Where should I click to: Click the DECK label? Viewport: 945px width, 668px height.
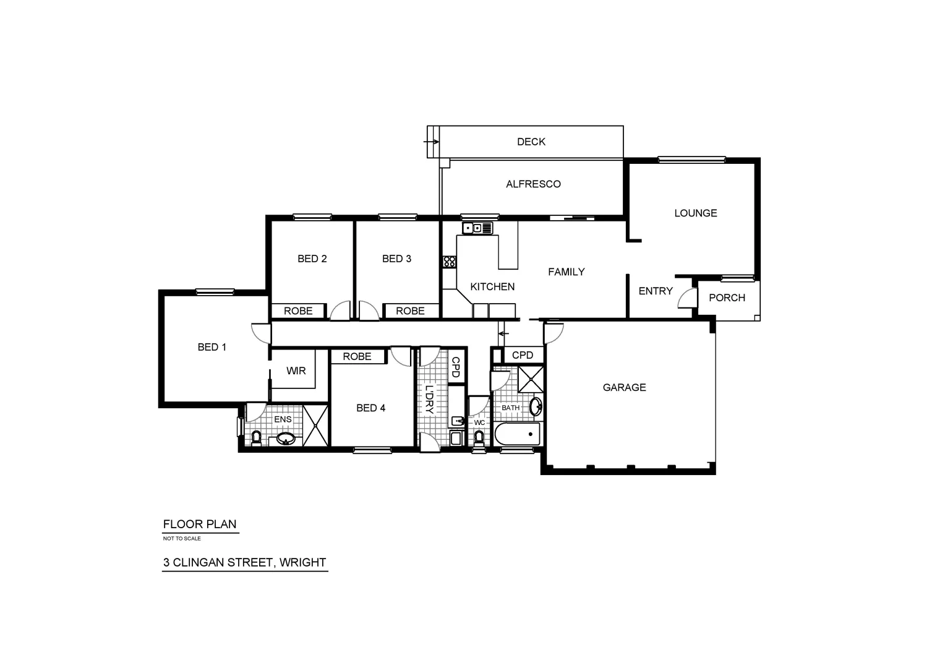[x=531, y=142]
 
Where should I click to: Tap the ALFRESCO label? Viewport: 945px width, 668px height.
[x=533, y=184]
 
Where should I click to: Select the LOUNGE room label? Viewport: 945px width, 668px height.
[x=695, y=213]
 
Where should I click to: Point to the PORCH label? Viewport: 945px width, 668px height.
[x=727, y=298]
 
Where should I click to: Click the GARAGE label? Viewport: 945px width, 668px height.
[x=624, y=387]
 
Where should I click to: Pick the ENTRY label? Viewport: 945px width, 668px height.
[x=655, y=291]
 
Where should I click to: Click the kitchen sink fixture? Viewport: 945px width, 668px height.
[x=477, y=228]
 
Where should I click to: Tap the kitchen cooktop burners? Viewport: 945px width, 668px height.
[x=449, y=261]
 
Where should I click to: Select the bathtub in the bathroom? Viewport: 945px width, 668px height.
[x=518, y=434]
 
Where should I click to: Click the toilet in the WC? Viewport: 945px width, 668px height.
[x=479, y=437]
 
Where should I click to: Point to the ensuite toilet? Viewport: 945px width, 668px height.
[x=257, y=438]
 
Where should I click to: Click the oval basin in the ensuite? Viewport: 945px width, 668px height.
[x=285, y=439]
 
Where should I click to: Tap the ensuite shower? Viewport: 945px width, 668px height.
[x=316, y=425]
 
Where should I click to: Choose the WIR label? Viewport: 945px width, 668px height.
[x=296, y=370]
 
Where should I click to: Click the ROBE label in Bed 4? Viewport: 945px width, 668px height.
[x=357, y=356]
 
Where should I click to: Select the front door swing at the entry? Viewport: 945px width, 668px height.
[x=686, y=299]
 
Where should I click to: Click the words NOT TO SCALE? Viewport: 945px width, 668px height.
[x=182, y=538]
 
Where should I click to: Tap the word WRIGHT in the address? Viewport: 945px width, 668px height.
[x=302, y=562]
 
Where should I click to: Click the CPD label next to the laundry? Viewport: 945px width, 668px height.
[x=456, y=367]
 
